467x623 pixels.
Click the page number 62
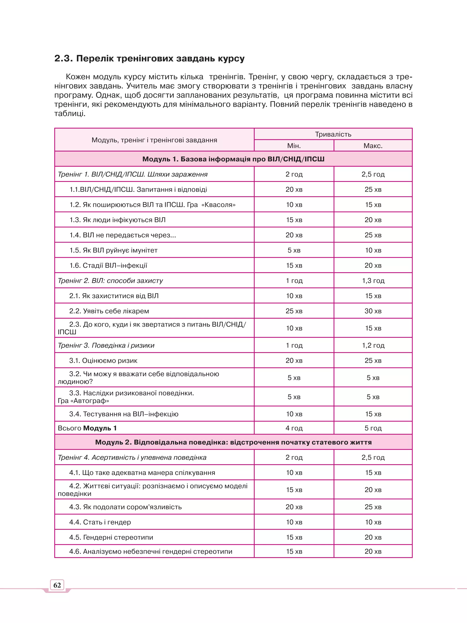pos(57,585)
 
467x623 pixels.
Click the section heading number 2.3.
pos(63,58)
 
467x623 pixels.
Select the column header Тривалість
pos(333,134)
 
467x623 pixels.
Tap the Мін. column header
pos(294,146)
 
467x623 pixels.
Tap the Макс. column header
pos(373,146)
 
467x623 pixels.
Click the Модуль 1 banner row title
pos(233,159)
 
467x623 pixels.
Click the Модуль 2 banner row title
pos(233,442)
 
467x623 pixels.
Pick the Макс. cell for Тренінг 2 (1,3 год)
pos(373,281)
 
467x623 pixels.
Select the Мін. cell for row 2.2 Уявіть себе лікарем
pos(294,311)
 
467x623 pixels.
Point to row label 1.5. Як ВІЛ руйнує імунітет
pos(113,250)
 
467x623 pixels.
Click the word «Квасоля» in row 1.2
pos(218,205)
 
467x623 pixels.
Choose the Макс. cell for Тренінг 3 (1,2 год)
pos(373,345)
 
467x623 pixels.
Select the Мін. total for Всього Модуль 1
pos(294,428)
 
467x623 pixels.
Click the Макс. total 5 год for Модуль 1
pos(373,428)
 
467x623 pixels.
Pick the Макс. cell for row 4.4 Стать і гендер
pos(373,522)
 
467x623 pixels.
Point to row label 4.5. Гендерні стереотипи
pos(111,537)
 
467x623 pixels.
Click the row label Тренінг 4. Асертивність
pos(132,457)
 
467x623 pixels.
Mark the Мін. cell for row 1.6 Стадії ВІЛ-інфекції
pos(294,265)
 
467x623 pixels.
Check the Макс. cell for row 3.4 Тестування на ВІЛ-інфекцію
pos(373,414)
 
